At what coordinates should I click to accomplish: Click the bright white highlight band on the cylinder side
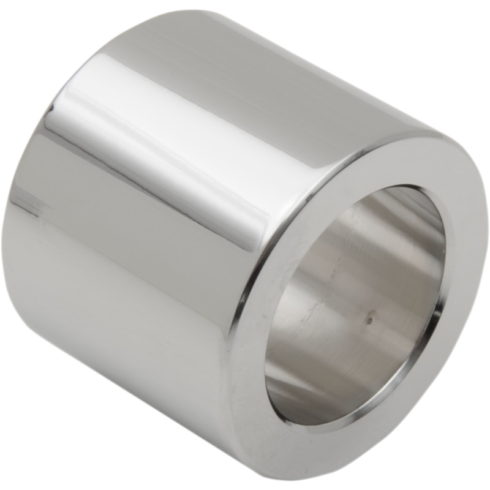pos(153,141)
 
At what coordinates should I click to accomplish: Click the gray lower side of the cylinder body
pos(123,343)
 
